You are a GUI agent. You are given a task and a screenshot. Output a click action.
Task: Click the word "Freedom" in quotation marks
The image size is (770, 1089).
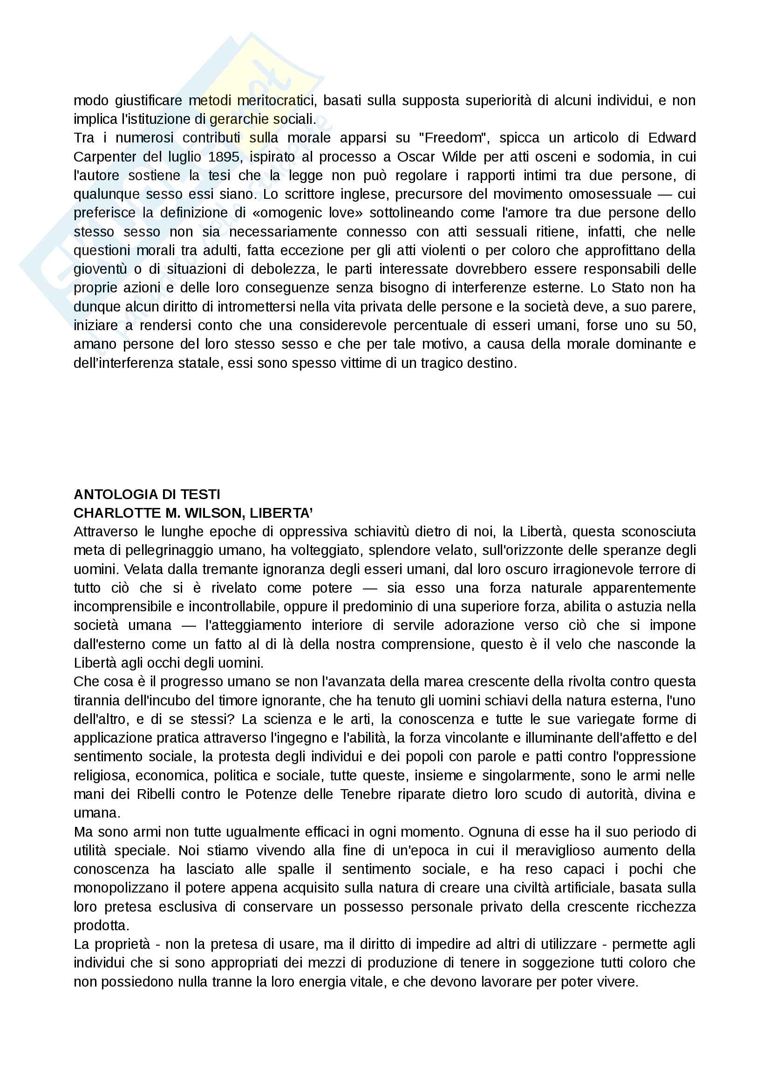[x=453, y=138]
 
